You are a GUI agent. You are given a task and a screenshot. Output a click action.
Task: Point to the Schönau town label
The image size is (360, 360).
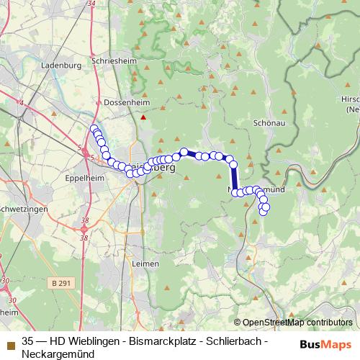point(271,123)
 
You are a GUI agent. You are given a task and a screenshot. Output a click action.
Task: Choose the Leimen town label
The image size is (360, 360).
point(145,264)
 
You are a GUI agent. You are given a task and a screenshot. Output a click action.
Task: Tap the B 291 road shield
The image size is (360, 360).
point(63,284)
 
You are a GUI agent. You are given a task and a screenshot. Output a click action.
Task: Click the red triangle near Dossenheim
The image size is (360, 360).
point(143,117)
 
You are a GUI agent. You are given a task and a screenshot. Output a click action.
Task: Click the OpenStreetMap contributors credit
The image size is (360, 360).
point(297,323)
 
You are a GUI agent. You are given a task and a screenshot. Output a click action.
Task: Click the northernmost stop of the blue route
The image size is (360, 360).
point(93,129)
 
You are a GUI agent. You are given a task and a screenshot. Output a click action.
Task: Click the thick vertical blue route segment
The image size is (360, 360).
point(234,177)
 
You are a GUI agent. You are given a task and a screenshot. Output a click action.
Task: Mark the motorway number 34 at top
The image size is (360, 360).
point(89,4)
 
